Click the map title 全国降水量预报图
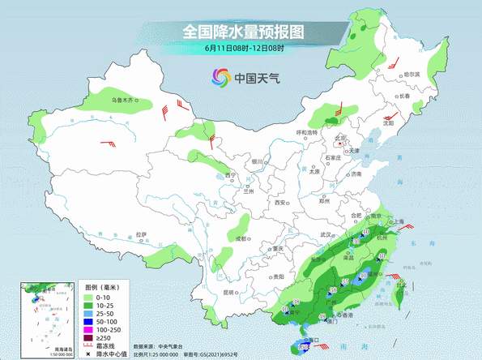[x=242, y=32]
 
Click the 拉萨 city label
[x=142, y=234]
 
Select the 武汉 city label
[x=329, y=234]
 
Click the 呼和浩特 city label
[x=307, y=131]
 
